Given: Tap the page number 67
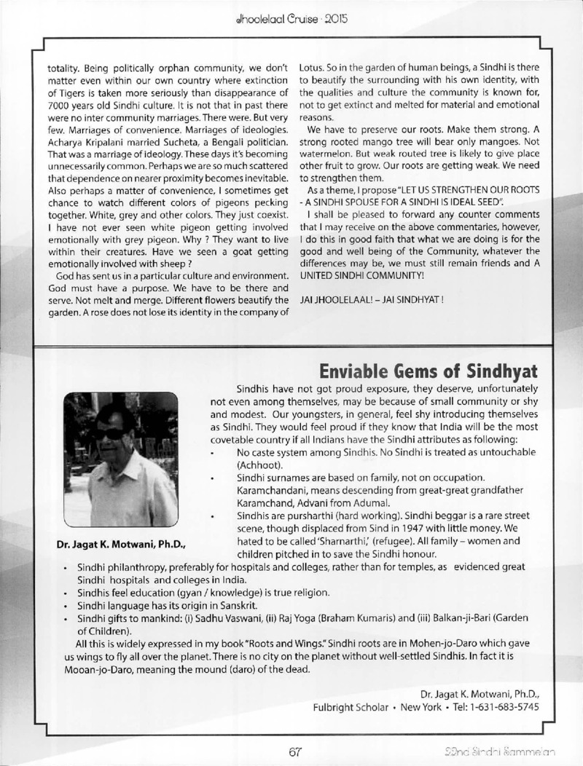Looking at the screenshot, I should [294, 750].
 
